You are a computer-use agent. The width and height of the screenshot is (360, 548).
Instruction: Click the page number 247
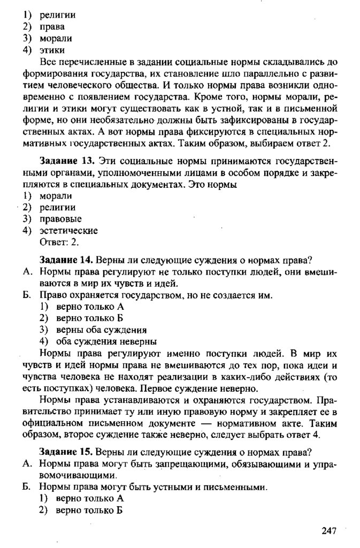pos(328,530)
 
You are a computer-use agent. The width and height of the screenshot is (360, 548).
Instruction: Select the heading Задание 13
pos(62,162)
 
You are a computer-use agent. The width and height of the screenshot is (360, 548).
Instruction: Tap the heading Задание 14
pos(62,260)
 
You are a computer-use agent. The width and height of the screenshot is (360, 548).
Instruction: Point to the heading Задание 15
pos(62,451)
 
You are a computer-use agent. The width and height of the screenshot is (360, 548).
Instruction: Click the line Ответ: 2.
pos(59,242)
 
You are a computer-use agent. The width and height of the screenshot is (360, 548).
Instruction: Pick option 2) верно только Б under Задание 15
pos(83,511)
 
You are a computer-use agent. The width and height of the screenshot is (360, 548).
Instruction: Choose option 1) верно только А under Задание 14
pos(83,307)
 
